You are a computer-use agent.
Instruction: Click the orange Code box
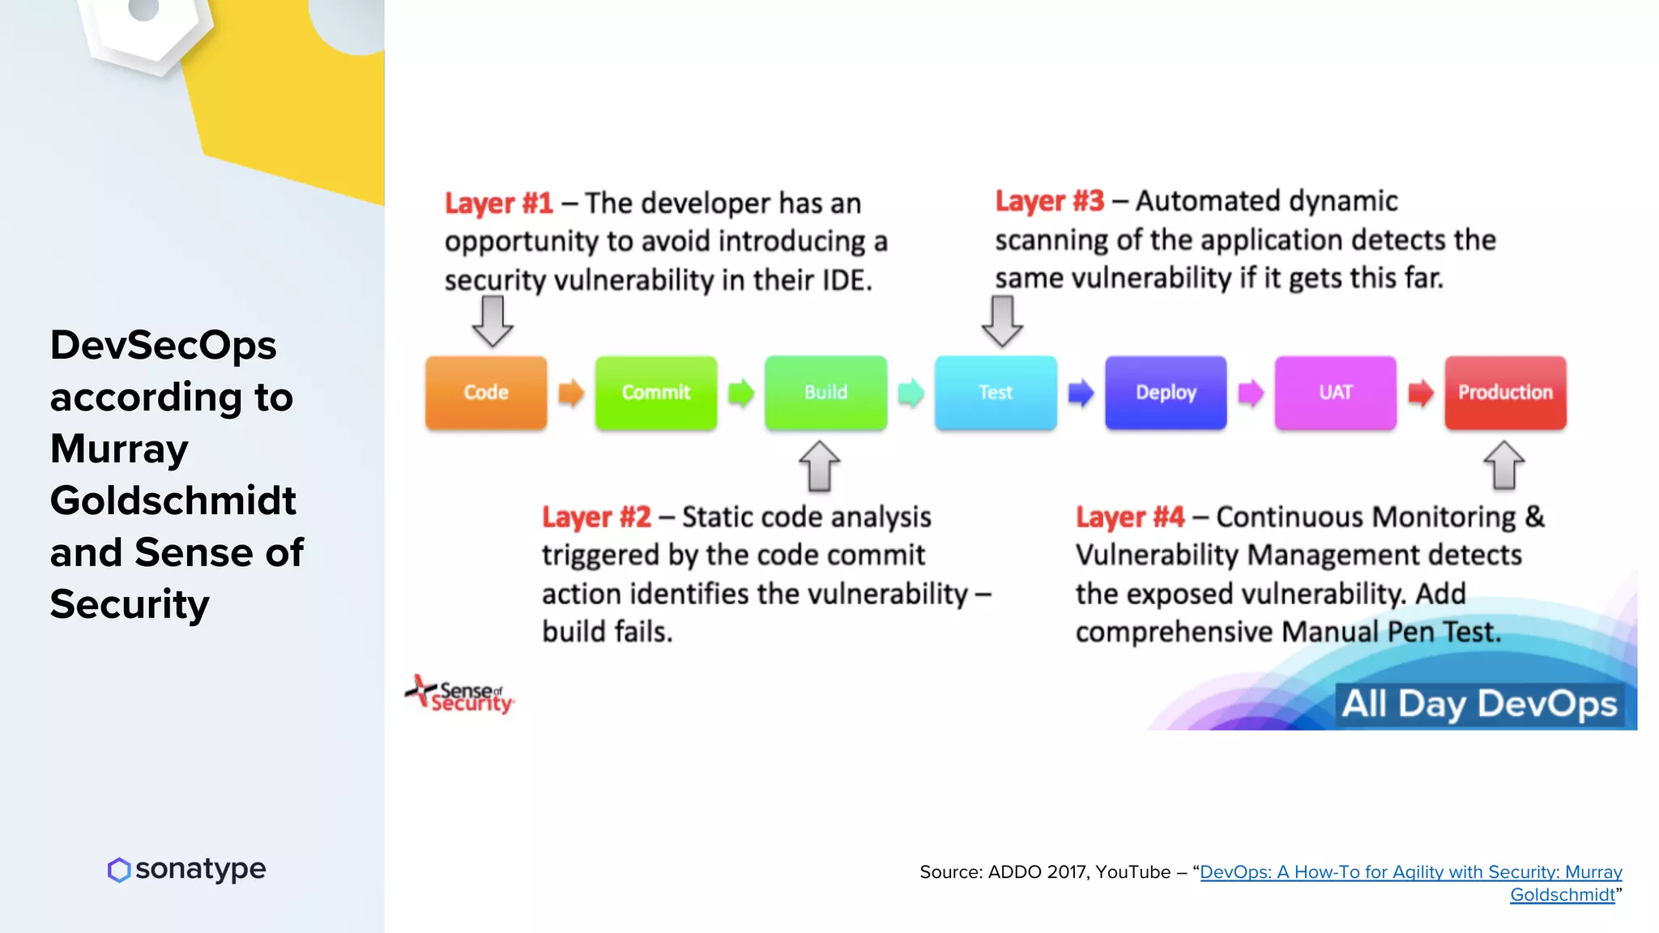486,393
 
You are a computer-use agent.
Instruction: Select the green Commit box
656,393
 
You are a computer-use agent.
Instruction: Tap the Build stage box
825,393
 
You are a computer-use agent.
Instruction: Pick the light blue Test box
996,393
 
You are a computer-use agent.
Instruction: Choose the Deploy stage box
1166,393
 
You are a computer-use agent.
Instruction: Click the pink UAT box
1335,393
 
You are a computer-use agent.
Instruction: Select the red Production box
1505,393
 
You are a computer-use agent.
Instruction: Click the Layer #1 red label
498,203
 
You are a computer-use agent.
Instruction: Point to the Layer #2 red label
596,518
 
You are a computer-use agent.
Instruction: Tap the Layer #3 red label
1049,201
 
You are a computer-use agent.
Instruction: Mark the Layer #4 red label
1129,518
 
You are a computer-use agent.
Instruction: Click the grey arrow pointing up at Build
819,466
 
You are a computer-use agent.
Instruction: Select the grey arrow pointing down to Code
493,321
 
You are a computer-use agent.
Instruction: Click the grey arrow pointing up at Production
1503,466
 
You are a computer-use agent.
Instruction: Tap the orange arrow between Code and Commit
571,393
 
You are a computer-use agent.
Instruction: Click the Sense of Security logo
460,696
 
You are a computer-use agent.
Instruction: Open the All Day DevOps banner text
1479,704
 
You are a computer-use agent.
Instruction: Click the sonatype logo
187,869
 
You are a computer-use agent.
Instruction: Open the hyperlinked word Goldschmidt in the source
1562,895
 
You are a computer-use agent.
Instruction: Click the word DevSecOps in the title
163,346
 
